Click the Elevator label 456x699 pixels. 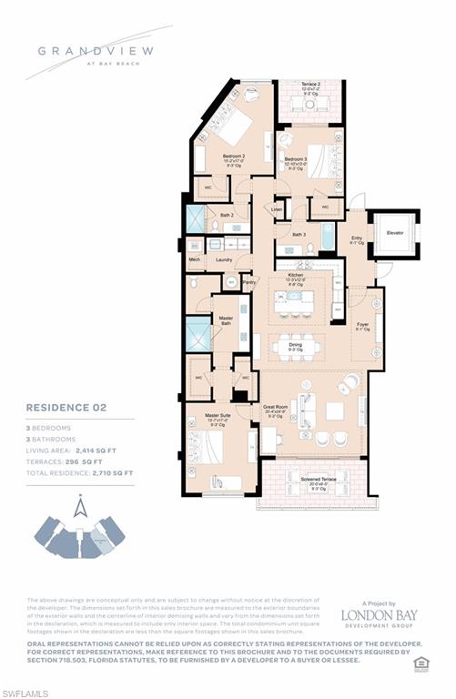(395, 233)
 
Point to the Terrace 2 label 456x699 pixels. (311, 84)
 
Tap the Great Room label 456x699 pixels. (274, 406)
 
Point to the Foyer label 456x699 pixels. (362, 323)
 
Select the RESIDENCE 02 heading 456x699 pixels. (65, 410)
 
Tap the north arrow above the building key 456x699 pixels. (80, 506)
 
